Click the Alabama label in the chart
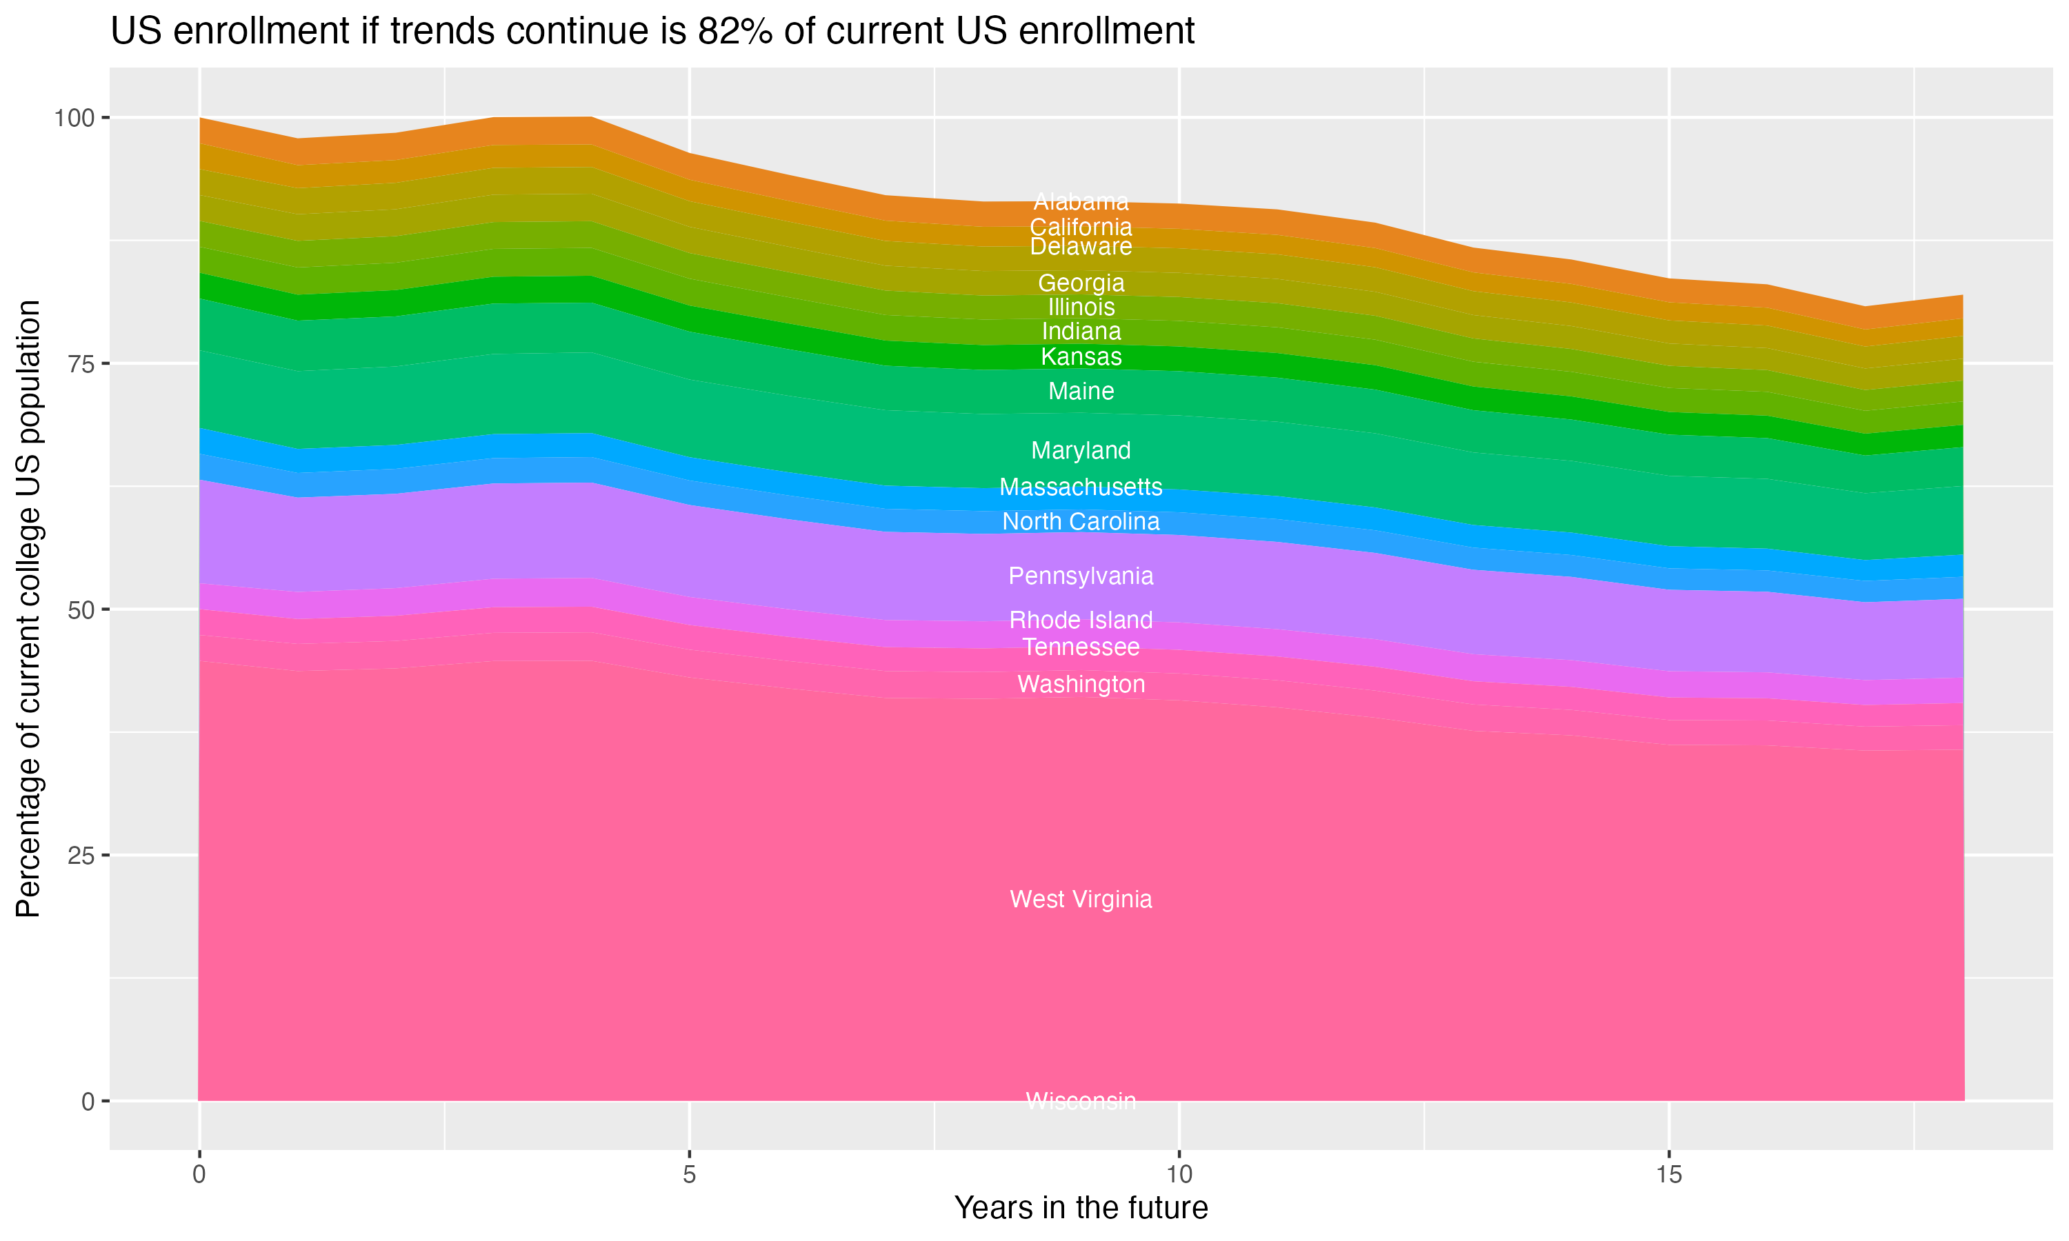tap(1081, 201)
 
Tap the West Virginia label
tap(1081, 899)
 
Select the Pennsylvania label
tap(1081, 576)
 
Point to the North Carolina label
tap(1081, 522)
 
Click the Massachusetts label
tap(1081, 487)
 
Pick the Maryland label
tap(1081, 451)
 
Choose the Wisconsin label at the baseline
tap(1081, 1100)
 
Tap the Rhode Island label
tap(1081, 620)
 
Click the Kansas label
tap(1081, 357)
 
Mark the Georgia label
tap(1081, 283)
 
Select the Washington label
tap(1081, 684)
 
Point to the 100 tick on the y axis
tap(74, 118)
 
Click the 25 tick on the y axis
tap(80, 856)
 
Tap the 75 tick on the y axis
tap(80, 364)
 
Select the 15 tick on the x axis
tap(1668, 1175)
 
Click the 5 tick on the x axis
tap(689, 1175)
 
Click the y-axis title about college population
tap(28, 608)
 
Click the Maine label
tap(1081, 392)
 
